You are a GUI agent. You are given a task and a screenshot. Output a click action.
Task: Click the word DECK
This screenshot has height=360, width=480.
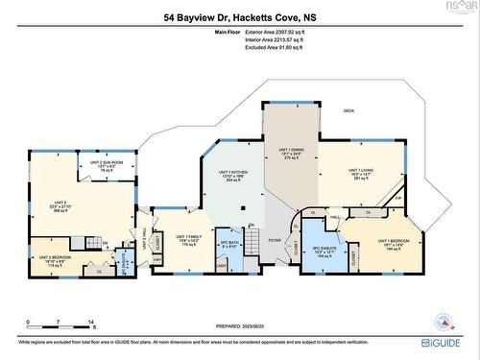tap(349, 112)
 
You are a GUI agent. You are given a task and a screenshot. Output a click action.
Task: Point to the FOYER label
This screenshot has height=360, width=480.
tap(274, 241)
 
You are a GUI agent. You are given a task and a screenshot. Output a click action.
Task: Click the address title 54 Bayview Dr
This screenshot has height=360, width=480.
tap(239, 17)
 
